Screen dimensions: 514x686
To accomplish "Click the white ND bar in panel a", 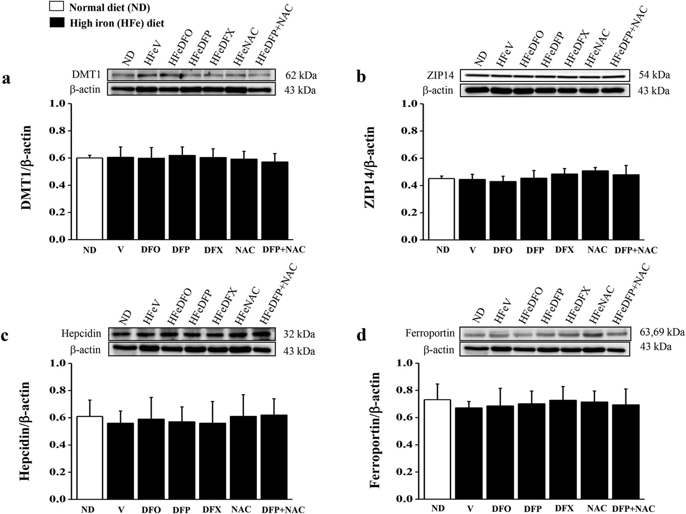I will click(x=89, y=199).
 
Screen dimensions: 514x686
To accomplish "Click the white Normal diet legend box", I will click(x=57, y=7).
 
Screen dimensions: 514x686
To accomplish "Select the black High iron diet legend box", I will click(x=57, y=22).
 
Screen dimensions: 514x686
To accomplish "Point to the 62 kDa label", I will click(x=301, y=76).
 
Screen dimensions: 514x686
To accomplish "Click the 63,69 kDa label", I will click(x=662, y=333).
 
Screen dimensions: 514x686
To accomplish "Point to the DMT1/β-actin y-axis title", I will click(x=26, y=168).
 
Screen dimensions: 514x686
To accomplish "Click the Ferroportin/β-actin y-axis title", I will click(x=375, y=430).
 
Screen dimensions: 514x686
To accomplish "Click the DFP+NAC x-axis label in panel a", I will click(x=284, y=250).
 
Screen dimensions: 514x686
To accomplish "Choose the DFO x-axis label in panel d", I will click(x=501, y=509).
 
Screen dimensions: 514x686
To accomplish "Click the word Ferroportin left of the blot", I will click(x=429, y=334).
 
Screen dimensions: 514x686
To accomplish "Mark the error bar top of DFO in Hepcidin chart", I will click(x=151, y=397).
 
